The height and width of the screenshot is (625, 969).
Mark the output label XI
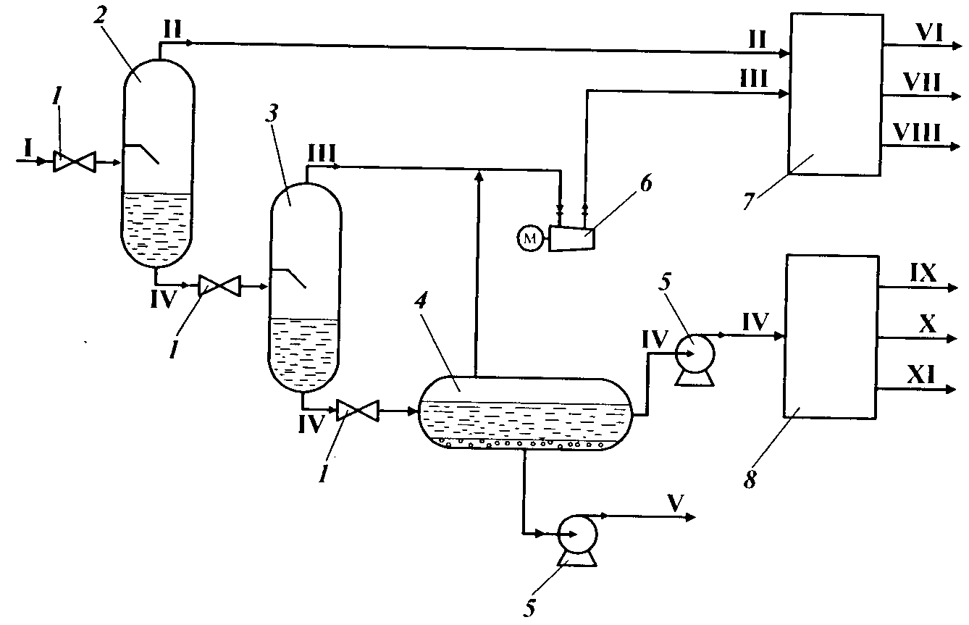(x=923, y=375)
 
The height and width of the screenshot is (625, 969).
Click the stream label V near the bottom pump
(x=674, y=504)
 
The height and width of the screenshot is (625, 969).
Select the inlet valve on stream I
(x=71, y=162)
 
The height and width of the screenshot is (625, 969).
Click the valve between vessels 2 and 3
(x=219, y=287)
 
